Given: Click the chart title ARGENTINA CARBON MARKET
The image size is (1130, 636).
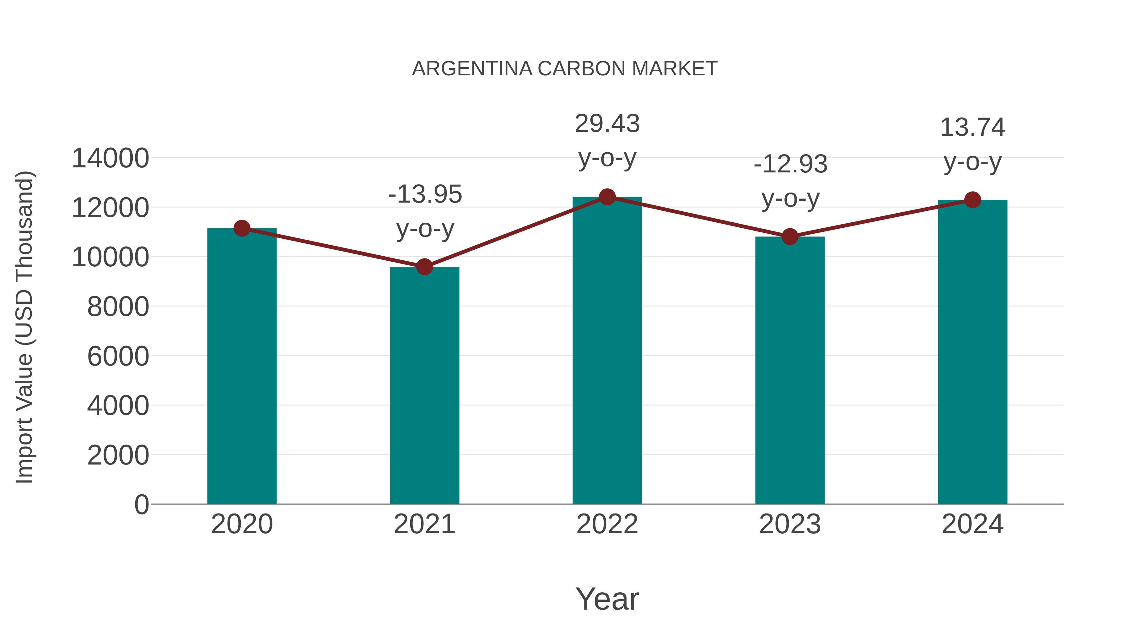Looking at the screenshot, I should pos(565,69).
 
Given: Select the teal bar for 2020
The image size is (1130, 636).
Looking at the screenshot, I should pos(242,367).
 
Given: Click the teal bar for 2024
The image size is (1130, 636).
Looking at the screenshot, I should pos(972,352).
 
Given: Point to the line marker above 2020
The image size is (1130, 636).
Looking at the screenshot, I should pos(242,228).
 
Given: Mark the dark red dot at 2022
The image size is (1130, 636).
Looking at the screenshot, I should pos(607,197).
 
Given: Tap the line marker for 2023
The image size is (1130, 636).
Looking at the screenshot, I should pos(790,236).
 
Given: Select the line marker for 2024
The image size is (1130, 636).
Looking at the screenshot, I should pos(972,200).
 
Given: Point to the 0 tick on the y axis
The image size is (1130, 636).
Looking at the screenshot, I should pos(141,504).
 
